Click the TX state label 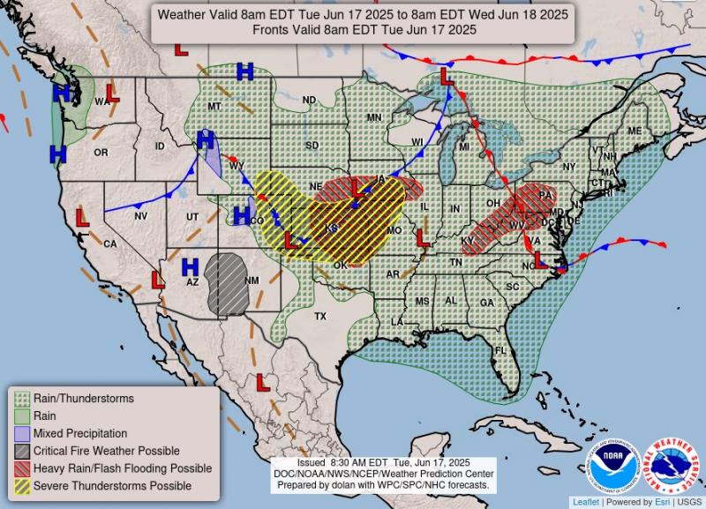click(x=320, y=316)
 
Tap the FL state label click(x=500, y=350)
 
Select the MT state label click(x=214, y=107)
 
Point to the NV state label click(x=141, y=215)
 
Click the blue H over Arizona click(x=190, y=266)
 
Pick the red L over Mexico click(x=262, y=381)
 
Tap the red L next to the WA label click(x=113, y=92)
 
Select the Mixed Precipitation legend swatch click(x=21, y=433)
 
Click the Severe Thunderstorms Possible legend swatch click(x=21, y=485)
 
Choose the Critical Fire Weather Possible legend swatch click(x=21, y=451)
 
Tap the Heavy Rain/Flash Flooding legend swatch click(x=21, y=468)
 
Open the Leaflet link click(x=586, y=502)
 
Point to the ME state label click(x=634, y=131)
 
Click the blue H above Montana click(x=244, y=71)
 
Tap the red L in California click(x=82, y=217)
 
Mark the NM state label click(x=252, y=281)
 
